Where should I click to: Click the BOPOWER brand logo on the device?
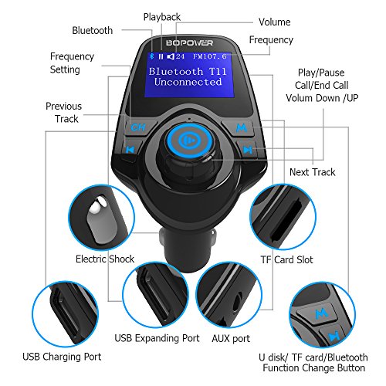189,42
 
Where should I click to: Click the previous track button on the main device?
130,150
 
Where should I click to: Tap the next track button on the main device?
248,149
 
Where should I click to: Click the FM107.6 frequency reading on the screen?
210,56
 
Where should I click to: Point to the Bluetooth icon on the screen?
152,56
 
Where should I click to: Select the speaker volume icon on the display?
171,56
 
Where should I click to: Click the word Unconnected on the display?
188,82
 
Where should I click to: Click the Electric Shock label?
105,259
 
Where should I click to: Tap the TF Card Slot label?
286,259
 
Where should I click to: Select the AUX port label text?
231,339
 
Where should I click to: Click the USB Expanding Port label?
157,338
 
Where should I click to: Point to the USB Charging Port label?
62,357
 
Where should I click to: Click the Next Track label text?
313,172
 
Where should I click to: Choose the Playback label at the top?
162,17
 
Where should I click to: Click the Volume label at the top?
275,22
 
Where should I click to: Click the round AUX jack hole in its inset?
236,302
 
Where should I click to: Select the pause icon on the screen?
161,56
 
